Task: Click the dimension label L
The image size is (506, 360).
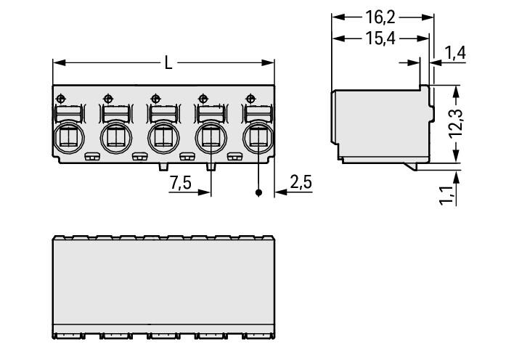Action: click(168, 63)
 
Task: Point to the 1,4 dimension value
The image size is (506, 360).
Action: click(455, 52)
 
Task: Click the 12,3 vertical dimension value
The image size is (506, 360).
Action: click(455, 123)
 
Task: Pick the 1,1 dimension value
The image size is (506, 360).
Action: click(448, 195)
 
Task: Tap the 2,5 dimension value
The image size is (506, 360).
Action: click(301, 182)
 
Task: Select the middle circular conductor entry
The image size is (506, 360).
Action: click(163, 136)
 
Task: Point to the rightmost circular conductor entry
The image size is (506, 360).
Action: click(257, 136)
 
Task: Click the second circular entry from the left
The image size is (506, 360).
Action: click(115, 136)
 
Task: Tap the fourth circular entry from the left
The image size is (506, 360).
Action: click(210, 136)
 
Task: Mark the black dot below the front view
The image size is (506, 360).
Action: click(258, 194)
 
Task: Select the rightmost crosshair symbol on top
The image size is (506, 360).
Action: click(251, 98)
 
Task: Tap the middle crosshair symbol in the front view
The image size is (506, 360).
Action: click(156, 98)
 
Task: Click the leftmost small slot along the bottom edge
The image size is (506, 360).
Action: click(91, 156)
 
